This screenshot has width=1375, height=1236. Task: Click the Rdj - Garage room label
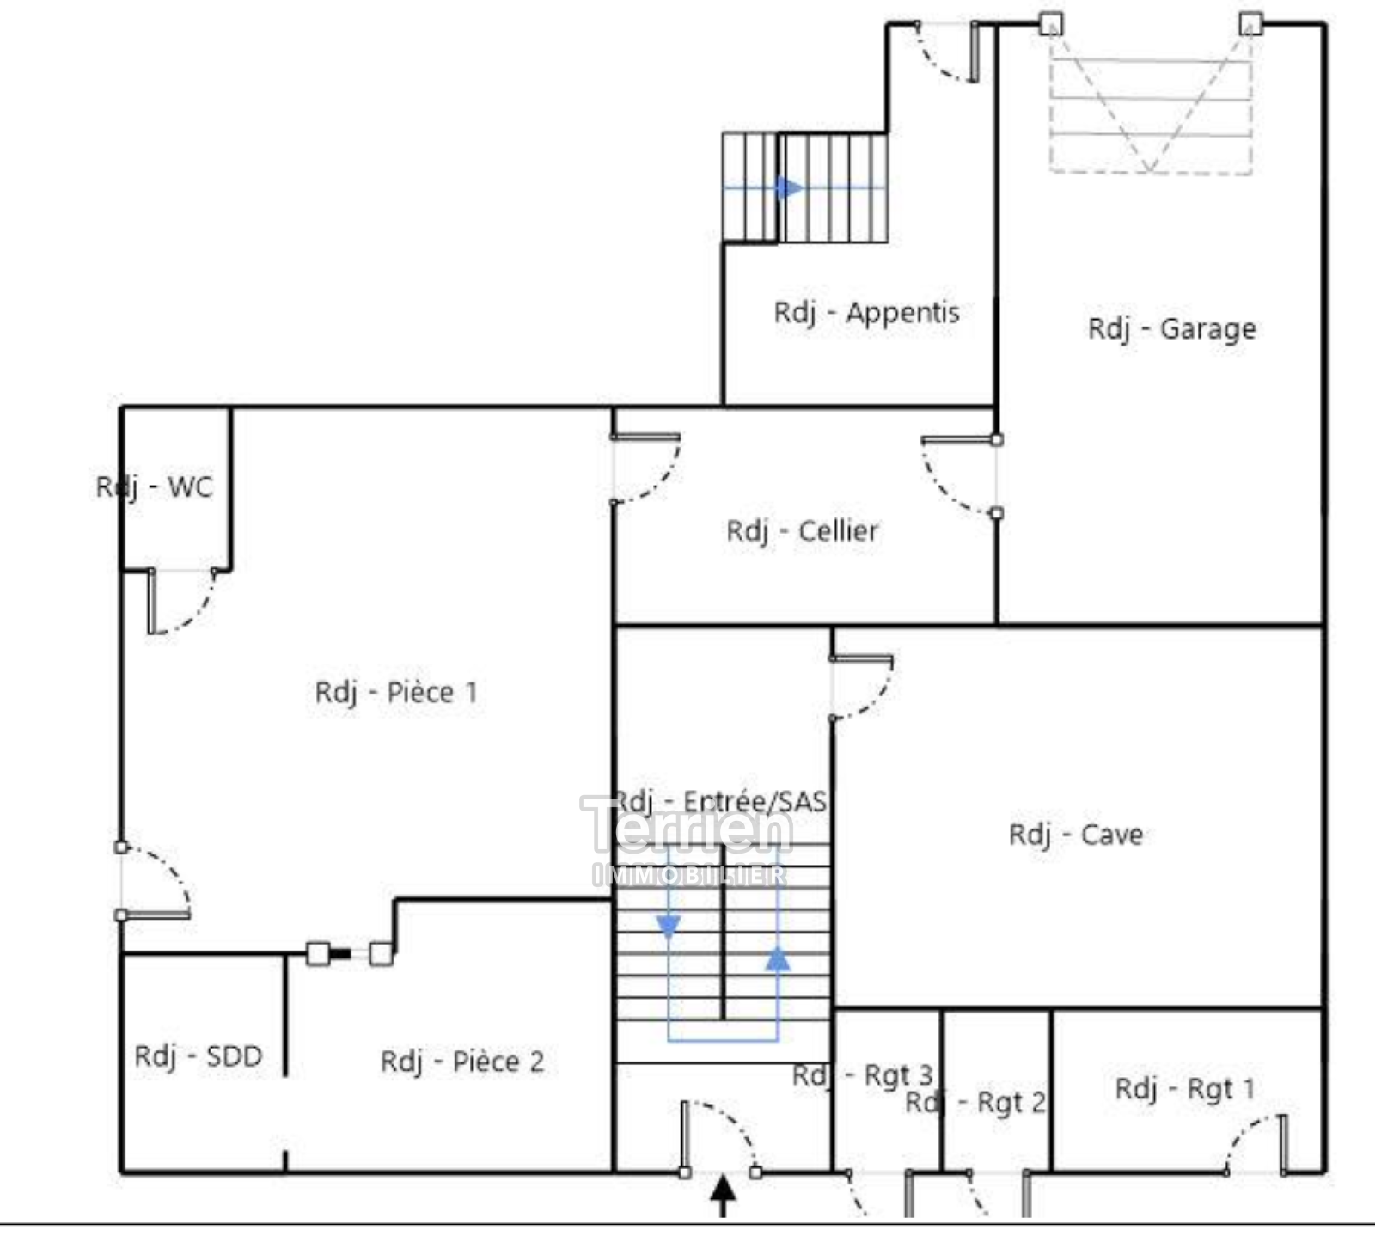click(1171, 328)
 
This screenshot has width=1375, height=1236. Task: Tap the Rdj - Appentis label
click(866, 312)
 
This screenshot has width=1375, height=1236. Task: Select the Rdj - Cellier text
click(802, 531)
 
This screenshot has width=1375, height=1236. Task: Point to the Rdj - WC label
click(154, 487)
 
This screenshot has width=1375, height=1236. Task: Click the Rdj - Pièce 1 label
click(396, 692)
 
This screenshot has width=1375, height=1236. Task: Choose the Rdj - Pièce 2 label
click(462, 1062)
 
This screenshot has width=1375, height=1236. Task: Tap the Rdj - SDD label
click(199, 1056)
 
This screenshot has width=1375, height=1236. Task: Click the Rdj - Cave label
click(1076, 835)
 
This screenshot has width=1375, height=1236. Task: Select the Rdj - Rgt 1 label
click(1185, 1089)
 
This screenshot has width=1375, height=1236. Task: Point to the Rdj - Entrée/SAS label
click(720, 802)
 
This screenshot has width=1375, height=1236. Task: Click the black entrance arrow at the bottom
click(724, 1196)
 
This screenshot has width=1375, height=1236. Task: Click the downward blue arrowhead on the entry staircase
click(669, 927)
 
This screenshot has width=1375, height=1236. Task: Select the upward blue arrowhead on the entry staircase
click(778, 959)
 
